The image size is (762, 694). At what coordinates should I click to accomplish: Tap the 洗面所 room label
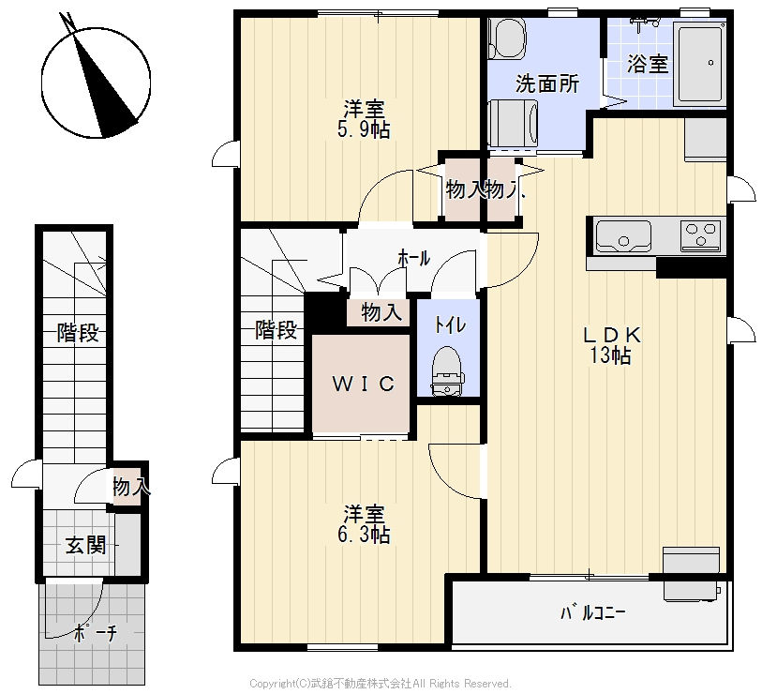(546, 83)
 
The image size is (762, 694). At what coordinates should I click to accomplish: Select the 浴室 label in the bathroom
(648, 64)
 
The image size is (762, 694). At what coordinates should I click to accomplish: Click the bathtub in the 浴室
(701, 63)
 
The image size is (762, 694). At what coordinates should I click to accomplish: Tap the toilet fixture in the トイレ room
(447, 370)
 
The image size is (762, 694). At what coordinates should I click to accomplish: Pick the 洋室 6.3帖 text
(366, 525)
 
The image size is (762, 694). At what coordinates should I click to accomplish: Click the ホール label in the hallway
(413, 258)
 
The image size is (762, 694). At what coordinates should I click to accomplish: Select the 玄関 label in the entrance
(85, 546)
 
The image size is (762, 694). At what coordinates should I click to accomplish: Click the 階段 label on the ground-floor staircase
(78, 332)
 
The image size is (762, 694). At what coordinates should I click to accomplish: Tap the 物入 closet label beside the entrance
(129, 488)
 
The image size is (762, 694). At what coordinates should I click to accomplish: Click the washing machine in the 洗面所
(514, 123)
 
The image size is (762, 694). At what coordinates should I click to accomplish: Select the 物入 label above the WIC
(381, 312)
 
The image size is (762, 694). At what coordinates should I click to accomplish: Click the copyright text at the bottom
(380, 683)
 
